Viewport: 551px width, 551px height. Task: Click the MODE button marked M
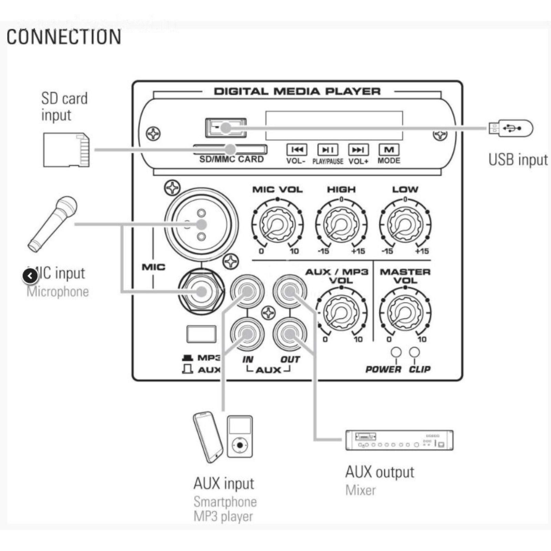click(x=389, y=150)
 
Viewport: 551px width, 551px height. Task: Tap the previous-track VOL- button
click(x=297, y=150)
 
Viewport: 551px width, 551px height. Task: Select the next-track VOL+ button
click(x=358, y=150)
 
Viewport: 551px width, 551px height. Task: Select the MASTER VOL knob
click(x=405, y=312)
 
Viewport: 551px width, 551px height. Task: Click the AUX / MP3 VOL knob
click(x=341, y=312)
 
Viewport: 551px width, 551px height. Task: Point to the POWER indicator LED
click(x=396, y=352)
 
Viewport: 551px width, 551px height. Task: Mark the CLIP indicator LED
click(x=414, y=352)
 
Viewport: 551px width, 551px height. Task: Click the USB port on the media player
click(x=226, y=128)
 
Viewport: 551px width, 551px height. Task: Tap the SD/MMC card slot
click(x=230, y=149)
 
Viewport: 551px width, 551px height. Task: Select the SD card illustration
click(x=66, y=150)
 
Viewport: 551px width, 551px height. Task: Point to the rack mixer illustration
click(x=399, y=440)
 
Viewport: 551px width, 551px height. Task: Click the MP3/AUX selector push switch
click(x=201, y=334)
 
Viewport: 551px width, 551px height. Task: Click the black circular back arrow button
click(x=30, y=276)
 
